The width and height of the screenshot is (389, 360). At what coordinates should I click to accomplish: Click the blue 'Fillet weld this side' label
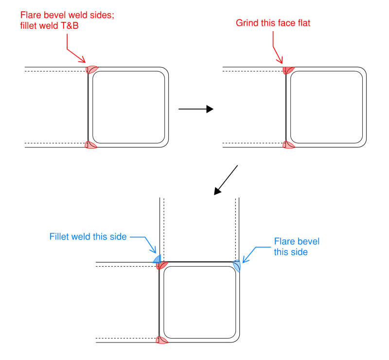tap(88, 237)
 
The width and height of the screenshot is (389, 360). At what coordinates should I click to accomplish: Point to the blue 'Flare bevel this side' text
tap(297, 247)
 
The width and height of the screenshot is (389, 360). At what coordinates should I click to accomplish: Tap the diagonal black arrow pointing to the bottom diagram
tap(225, 180)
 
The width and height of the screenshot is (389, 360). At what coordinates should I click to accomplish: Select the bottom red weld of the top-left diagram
tap(91, 145)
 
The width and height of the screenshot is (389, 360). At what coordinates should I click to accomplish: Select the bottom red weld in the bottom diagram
tap(162, 340)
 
